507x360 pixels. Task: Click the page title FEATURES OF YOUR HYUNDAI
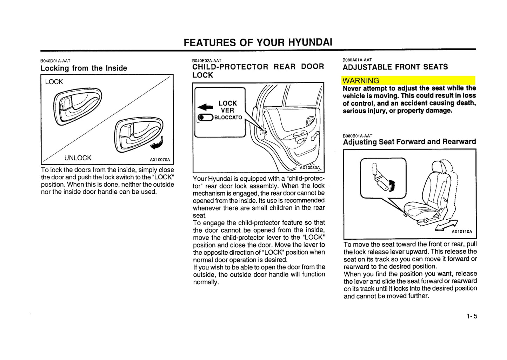pyautogui.click(x=258, y=42)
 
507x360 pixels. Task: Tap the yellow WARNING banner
pyautogui.click(x=408, y=80)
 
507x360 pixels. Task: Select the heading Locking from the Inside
pyautogui.click(x=84, y=68)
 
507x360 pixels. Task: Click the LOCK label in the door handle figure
pyautogui.click(x=54, y=82)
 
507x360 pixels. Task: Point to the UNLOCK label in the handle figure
pyautogui.click(x=78, y=158)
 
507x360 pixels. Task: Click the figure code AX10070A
pyautogui.click(x=160, y=160)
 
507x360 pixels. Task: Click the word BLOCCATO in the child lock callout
pyautogui.click(x=228, y=118)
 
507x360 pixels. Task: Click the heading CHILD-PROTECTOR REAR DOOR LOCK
pyautogui.click(x=258, y=71)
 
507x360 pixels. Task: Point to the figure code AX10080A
pyautogui.click(x=309, y=168)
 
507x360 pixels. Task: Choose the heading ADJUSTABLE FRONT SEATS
pyautogui.click(x=395, y=67)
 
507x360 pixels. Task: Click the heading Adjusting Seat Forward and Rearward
pyautogui.click(x=409, y=142)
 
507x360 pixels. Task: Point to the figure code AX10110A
pyautogui.click(x=461, y=232)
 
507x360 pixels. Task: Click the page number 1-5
pyautogui.click(x=472, y=316)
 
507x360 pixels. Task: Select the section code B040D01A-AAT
pyautogui.click(x=55, y=61)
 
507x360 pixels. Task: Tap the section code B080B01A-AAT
pyautogui.click(x=357, y=136)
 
